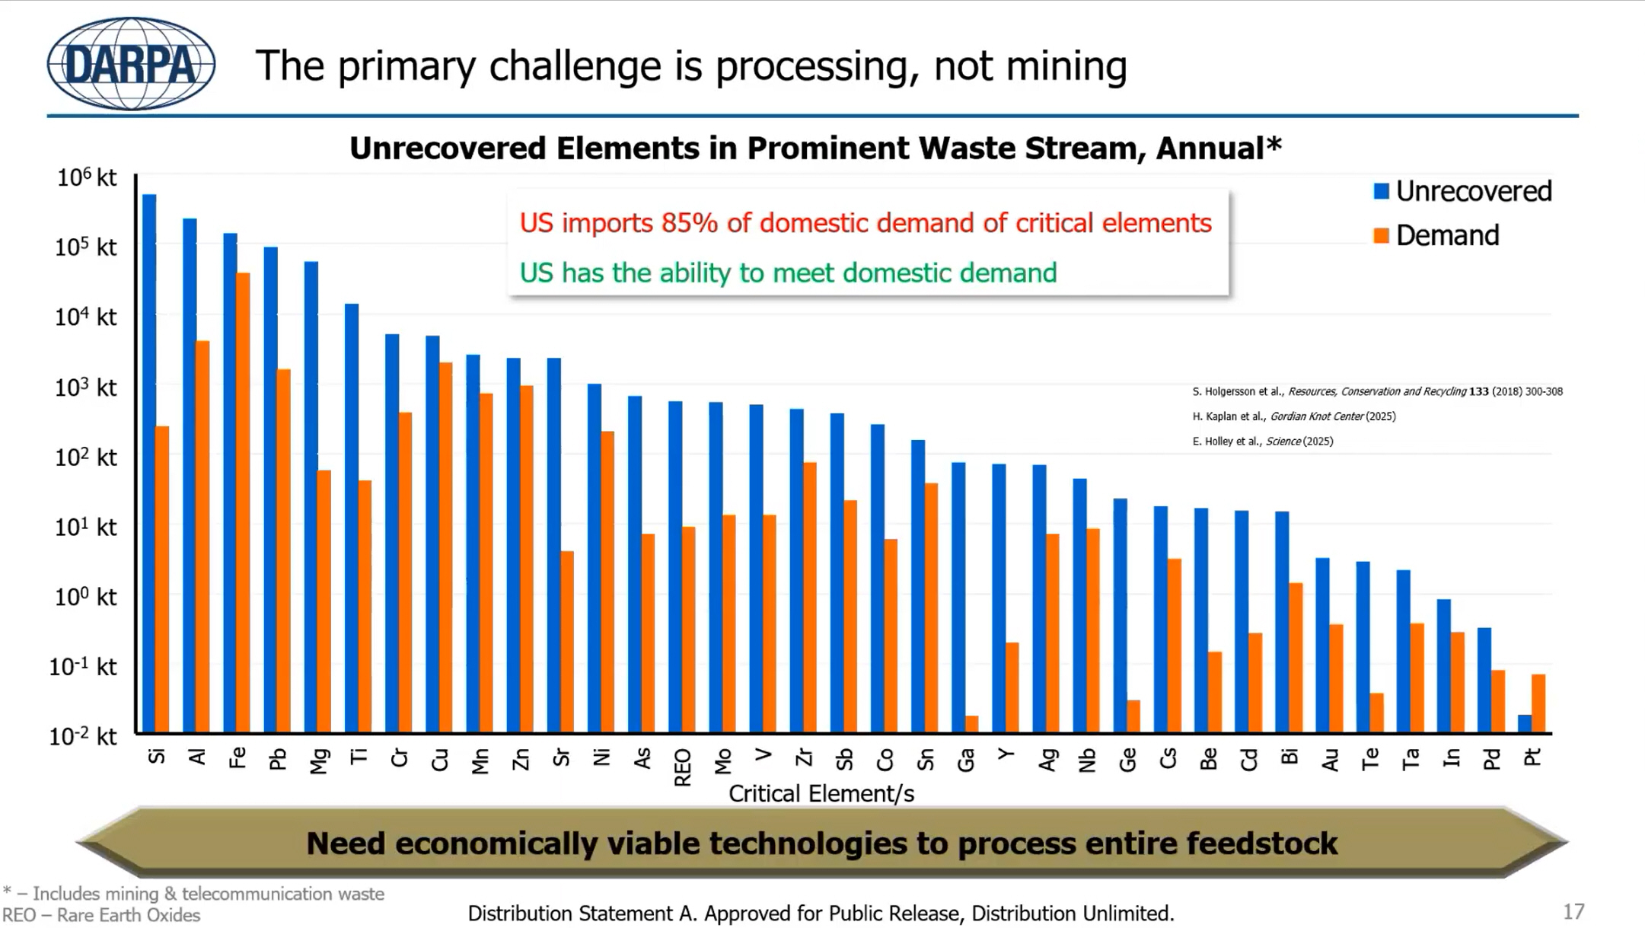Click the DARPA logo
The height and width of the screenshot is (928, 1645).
click(x=131, y=64)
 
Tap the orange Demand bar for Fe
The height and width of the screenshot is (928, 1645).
click(x=243, y=502)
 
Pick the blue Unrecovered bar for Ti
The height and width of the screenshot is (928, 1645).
click(x=352, y=518)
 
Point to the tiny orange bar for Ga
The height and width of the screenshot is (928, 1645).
click(x=972, y=723)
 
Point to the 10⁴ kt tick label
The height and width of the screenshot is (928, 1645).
click(x=85, y=316)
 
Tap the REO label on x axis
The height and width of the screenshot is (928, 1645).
click(x=683, y=767)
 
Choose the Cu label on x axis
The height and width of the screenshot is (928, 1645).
click(x=440, y=759)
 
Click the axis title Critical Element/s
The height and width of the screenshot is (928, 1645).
click(x=821, y=793)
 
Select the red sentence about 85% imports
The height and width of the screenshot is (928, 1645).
click(x=866, y=223)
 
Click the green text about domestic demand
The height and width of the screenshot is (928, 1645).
click(x=788, y=273)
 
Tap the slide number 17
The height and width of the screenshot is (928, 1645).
click(x=1573, y=911)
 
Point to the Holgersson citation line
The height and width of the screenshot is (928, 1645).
click(x=1376, y=391)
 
